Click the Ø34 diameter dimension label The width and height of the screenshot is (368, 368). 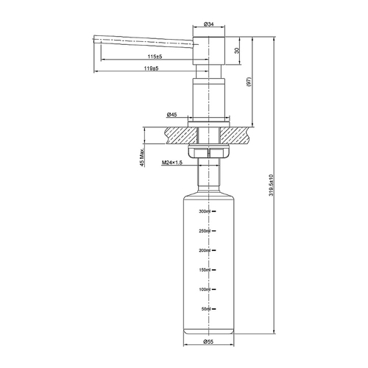click(209, 24)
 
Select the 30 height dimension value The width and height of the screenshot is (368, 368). click(235, 51)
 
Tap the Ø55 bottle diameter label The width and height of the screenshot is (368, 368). click(209, 342)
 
